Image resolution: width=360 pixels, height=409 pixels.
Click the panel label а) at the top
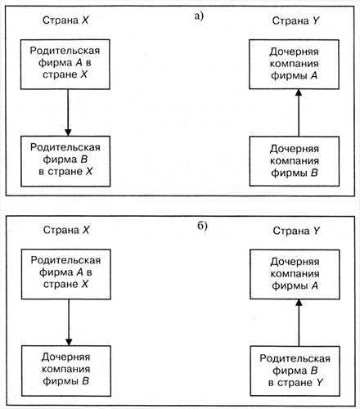[199, 16]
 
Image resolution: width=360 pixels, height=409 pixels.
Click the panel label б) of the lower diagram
[202, 226]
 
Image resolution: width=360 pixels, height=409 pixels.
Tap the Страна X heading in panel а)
[65, 20]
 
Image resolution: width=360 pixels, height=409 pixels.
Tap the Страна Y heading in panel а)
[295, 20]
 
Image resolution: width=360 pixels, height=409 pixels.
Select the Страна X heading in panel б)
[66, 230]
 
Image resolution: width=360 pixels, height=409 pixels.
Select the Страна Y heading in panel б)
[296, 231]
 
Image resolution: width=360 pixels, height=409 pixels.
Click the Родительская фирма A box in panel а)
[65, 65]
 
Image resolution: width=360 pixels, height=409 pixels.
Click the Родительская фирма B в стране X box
[65, 161]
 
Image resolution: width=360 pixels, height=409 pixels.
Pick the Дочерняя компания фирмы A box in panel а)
[294, 65]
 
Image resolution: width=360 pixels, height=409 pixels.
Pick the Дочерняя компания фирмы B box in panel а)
[295, 161]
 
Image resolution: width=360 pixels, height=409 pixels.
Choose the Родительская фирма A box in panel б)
[66, 274]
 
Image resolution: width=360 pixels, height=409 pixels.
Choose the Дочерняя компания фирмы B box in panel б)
[66, 371]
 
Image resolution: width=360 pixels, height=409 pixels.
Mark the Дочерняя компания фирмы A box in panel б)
[295, 274]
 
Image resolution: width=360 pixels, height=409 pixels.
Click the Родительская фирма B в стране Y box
[295, 371]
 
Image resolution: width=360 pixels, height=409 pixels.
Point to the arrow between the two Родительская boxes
[68, 113]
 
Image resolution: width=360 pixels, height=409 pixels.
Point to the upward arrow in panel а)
[299, 113]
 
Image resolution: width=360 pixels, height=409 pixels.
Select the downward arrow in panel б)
[69, 322]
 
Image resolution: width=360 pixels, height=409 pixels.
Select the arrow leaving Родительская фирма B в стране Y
[299, 323]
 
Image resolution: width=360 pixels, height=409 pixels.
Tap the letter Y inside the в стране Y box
[320, 382]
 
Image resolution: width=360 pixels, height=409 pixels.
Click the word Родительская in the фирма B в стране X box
[65, 147]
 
